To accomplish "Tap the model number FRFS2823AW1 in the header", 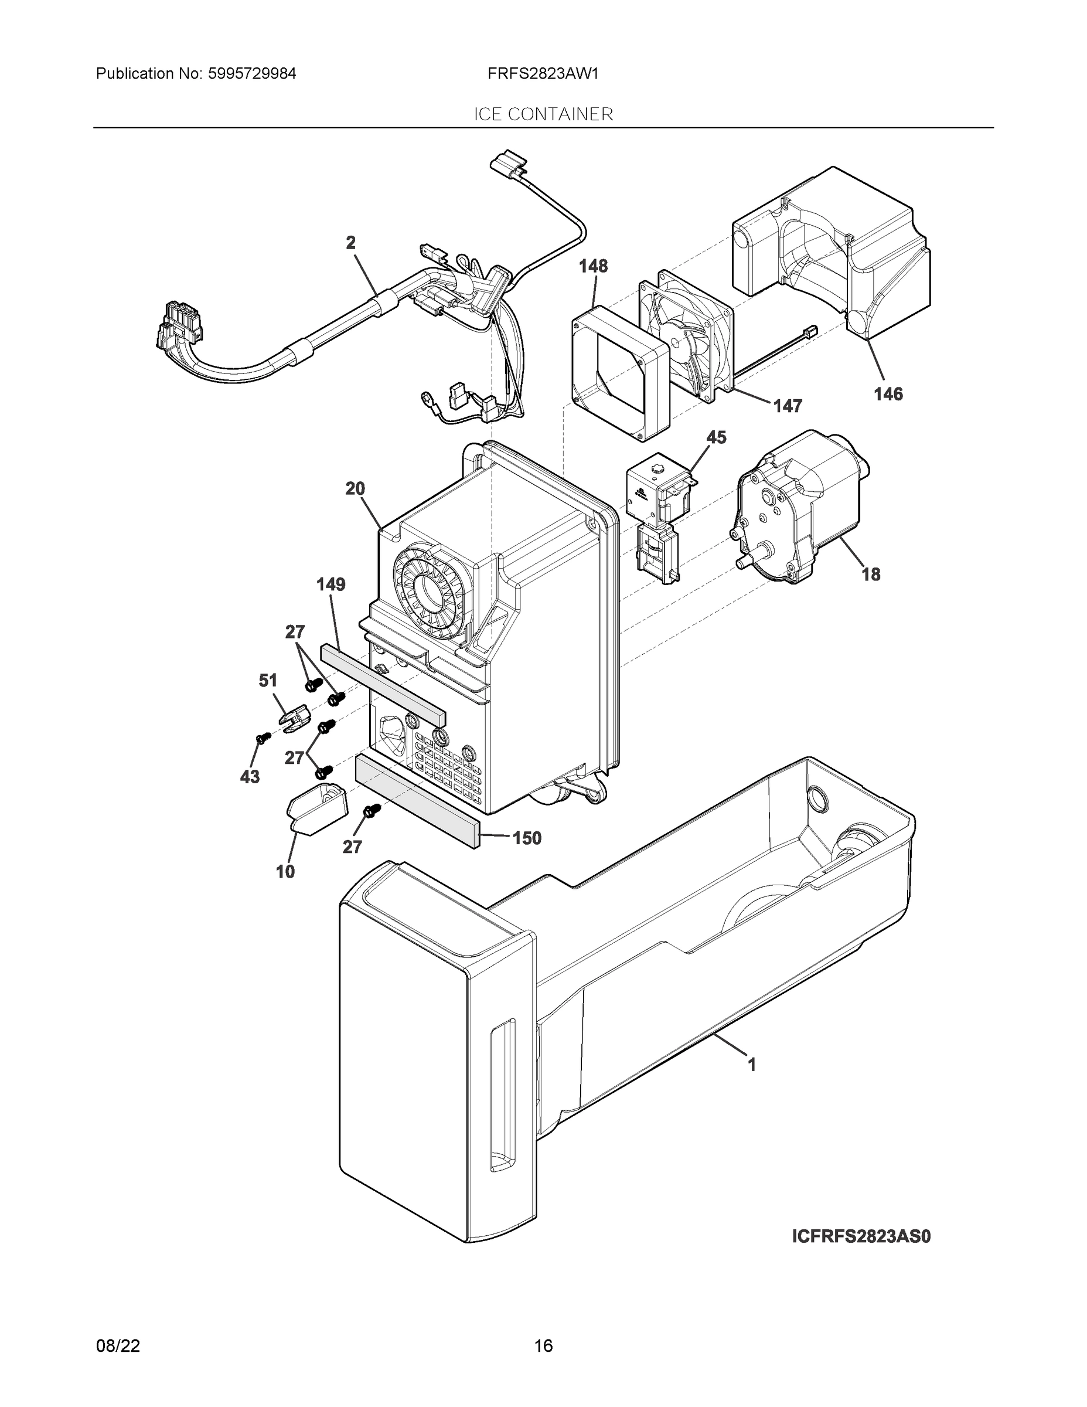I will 543,73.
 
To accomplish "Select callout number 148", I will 592,266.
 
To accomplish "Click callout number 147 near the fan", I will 787,406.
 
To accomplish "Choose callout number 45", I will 716,437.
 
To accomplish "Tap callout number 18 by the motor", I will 871,574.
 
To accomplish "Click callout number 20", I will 355,488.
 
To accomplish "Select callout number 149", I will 330,584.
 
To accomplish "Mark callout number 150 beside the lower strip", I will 526,838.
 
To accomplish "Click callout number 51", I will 268,680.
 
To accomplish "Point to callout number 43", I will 250,777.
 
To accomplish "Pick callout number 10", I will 285,872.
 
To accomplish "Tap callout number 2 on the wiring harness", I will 350,243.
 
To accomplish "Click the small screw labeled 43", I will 260,739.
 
